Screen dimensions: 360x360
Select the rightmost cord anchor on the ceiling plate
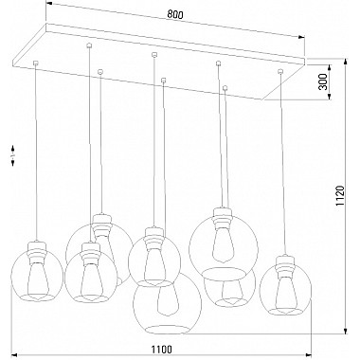(280, 72)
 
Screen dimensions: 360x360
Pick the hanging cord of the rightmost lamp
(281, 161)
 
